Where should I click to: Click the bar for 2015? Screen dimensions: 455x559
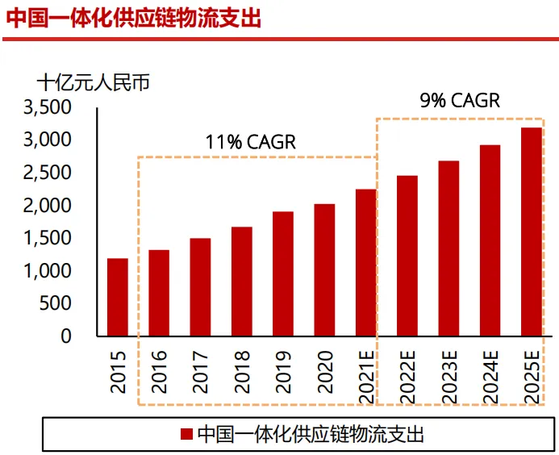coord(118,297)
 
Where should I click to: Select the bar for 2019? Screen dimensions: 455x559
coord(283,273)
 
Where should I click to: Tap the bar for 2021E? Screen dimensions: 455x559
coord(365,262)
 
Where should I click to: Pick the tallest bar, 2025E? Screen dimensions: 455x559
coord(531,232)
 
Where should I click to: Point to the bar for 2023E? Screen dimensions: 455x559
coord(448,248)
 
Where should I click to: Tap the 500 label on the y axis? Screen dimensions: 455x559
coord(56,303)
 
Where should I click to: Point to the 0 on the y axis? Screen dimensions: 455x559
coord(67,336)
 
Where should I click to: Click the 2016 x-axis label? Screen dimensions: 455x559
coord(160,372)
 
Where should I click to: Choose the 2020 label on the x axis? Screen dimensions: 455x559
coord(324,372)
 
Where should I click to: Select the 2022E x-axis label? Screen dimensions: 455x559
coord(407,376)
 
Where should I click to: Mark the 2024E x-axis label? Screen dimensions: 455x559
coord(490,376)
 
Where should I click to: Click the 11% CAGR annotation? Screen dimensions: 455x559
coord(251,142)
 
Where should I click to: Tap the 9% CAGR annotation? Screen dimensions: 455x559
coord(460,101)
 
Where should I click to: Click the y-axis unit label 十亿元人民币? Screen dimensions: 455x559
coord(94,82)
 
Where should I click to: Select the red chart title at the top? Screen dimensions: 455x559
coord(134,18)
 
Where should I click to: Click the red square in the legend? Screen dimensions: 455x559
coord(186,435)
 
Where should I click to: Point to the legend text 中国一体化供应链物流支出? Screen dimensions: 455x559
coord(311,435)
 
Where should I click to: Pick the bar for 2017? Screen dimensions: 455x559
coord(200,286)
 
